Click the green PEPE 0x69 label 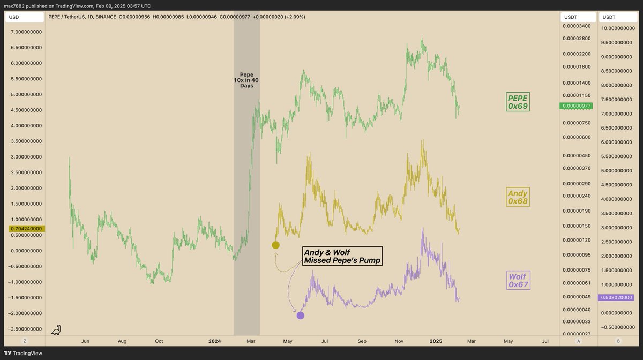518,102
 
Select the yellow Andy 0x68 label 518,197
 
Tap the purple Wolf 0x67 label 519,280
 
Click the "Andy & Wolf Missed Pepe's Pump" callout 342,256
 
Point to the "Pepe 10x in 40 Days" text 246,80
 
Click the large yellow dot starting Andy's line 275,245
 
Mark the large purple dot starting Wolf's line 300,316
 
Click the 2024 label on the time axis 214,341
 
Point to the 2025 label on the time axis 436,341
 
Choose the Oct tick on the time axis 159,341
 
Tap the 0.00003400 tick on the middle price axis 576,26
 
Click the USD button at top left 25,17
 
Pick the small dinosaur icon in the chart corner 56,330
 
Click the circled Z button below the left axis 25,341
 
